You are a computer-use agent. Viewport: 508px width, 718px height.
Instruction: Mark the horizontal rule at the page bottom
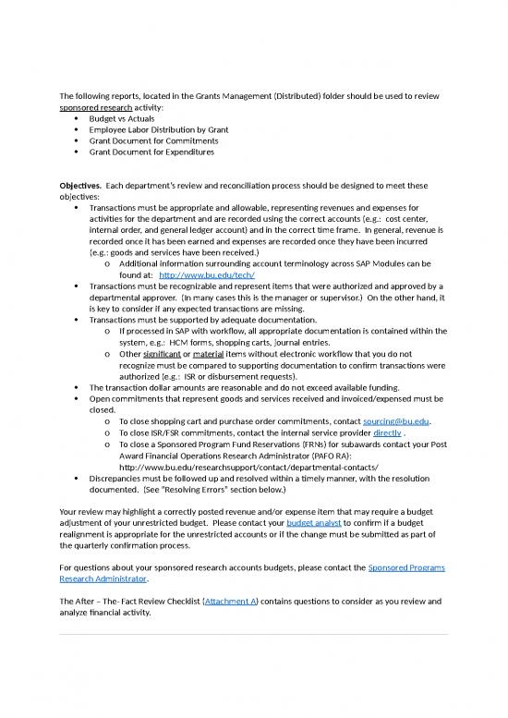[x=253, y=635]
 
